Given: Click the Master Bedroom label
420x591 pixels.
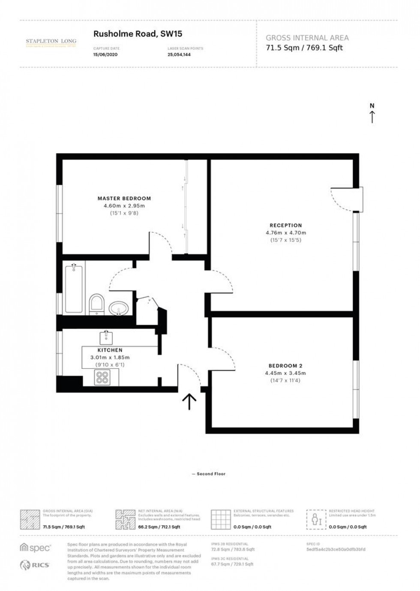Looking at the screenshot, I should [124, 199].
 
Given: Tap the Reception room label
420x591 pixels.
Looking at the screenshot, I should [285, 225].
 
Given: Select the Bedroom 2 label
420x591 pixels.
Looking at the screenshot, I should [285, 366].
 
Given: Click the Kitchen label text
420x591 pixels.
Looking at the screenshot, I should [110, 350].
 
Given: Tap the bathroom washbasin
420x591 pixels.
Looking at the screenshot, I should [119, 308].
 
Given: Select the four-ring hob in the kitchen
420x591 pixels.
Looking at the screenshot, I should [102, 377].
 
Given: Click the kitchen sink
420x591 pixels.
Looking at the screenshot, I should [106, 338].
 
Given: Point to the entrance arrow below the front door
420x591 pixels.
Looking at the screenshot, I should [189, 402].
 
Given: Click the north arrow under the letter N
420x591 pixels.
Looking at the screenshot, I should [372, 117].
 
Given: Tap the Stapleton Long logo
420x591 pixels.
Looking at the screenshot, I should [51, 42].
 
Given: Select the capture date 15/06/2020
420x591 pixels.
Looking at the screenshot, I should [105, 55].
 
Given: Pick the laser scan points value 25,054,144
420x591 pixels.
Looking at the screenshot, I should [179, 55].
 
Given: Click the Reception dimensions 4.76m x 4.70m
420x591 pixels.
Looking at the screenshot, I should [285, 233].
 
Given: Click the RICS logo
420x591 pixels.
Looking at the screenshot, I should [35, 565].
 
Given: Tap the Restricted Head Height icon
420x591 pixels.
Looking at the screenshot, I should [316, 520].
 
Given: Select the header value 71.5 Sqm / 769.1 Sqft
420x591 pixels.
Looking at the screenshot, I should [304, 48].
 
